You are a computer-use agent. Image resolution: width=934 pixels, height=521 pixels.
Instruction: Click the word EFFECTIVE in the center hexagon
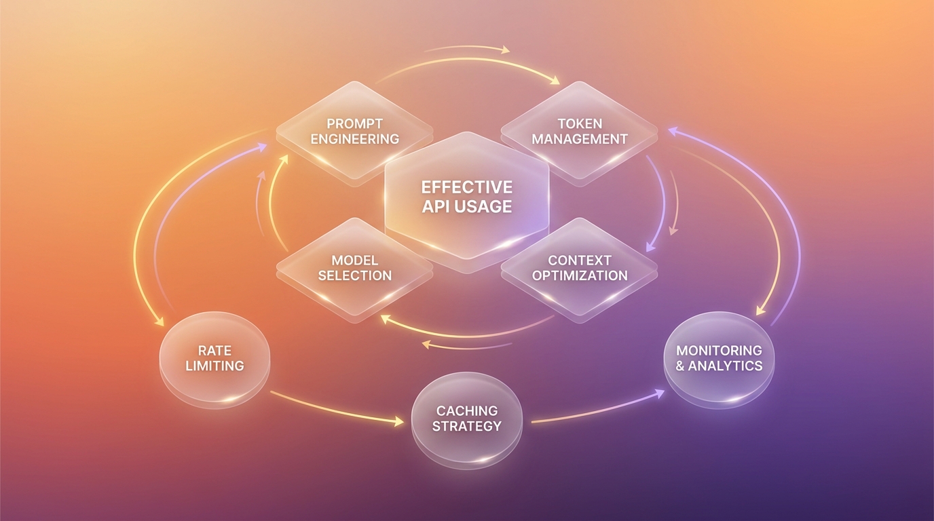pyautogui.click(x=466, y=187)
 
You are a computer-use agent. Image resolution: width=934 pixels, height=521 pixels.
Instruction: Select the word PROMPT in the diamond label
pyautogui.click(x=355, y=123)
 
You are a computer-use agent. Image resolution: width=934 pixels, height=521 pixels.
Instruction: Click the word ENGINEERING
pyautogui.click(x=355, y=139)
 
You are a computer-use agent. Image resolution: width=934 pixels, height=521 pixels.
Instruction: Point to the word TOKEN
pyautogui.click(x=580, y=123)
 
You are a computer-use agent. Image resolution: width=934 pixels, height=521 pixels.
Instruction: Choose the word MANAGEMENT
pyautogui.click(x=580, y=139)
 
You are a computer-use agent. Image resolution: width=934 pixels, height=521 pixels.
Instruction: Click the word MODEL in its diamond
pyautogui.click(x=355, y=260)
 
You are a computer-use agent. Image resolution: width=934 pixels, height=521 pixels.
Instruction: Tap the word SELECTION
pyautogui.click(x=355, y=275)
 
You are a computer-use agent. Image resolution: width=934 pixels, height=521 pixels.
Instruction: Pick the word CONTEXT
pyautogui.click(x=580, y=260)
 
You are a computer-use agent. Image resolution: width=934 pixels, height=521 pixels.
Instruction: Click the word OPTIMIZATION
pyautogui.click(x=580, y=275)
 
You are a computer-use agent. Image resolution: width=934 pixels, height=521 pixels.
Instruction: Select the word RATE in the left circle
pyautogui.click(x=214, y=351)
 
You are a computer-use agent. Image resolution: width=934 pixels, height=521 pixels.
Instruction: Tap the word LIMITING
pyautogui.click(x=214, y=366)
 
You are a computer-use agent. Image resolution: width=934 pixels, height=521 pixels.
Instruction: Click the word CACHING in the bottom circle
pyautogui.click(x=467, y=411)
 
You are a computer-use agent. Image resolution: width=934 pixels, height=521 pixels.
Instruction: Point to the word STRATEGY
pyautogui.click(x=467, y=426)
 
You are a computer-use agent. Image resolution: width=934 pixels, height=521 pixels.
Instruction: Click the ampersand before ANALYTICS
pyautogui.click(x=680, y=366)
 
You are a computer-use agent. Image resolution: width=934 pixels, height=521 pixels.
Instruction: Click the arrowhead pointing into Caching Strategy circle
pyautogui.click(x=399, y=422)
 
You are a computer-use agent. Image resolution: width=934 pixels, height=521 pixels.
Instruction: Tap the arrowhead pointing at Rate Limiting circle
pyautogui.click(x=159, y=322)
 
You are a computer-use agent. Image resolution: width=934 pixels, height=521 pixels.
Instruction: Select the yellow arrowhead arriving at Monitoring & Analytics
pyautogui.click(x=761, y=311)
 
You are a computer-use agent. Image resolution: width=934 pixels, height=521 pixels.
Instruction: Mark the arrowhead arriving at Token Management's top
pyautogui.click(x=555, y=79)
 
